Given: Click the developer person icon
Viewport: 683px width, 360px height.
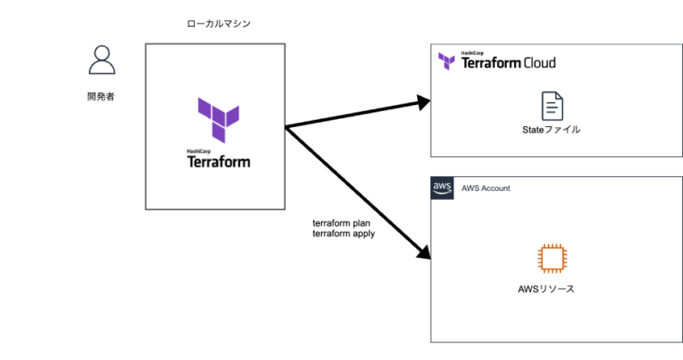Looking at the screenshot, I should pos(102,60).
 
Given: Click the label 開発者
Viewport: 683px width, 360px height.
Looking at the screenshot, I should pos(101,96).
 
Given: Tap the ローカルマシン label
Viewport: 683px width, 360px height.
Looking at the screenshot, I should pos(219,24).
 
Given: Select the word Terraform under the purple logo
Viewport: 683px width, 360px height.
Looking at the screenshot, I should pos(219,162).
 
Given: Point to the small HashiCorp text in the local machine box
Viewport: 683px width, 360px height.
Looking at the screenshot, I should pos(197,150).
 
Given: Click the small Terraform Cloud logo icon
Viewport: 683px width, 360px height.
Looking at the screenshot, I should pos(447,61).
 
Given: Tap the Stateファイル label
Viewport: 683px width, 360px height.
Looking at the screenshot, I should pos(551,130).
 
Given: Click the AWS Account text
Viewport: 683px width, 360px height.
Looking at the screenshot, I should pos(486,188).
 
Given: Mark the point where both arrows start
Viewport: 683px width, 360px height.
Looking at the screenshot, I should pos(286,127).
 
